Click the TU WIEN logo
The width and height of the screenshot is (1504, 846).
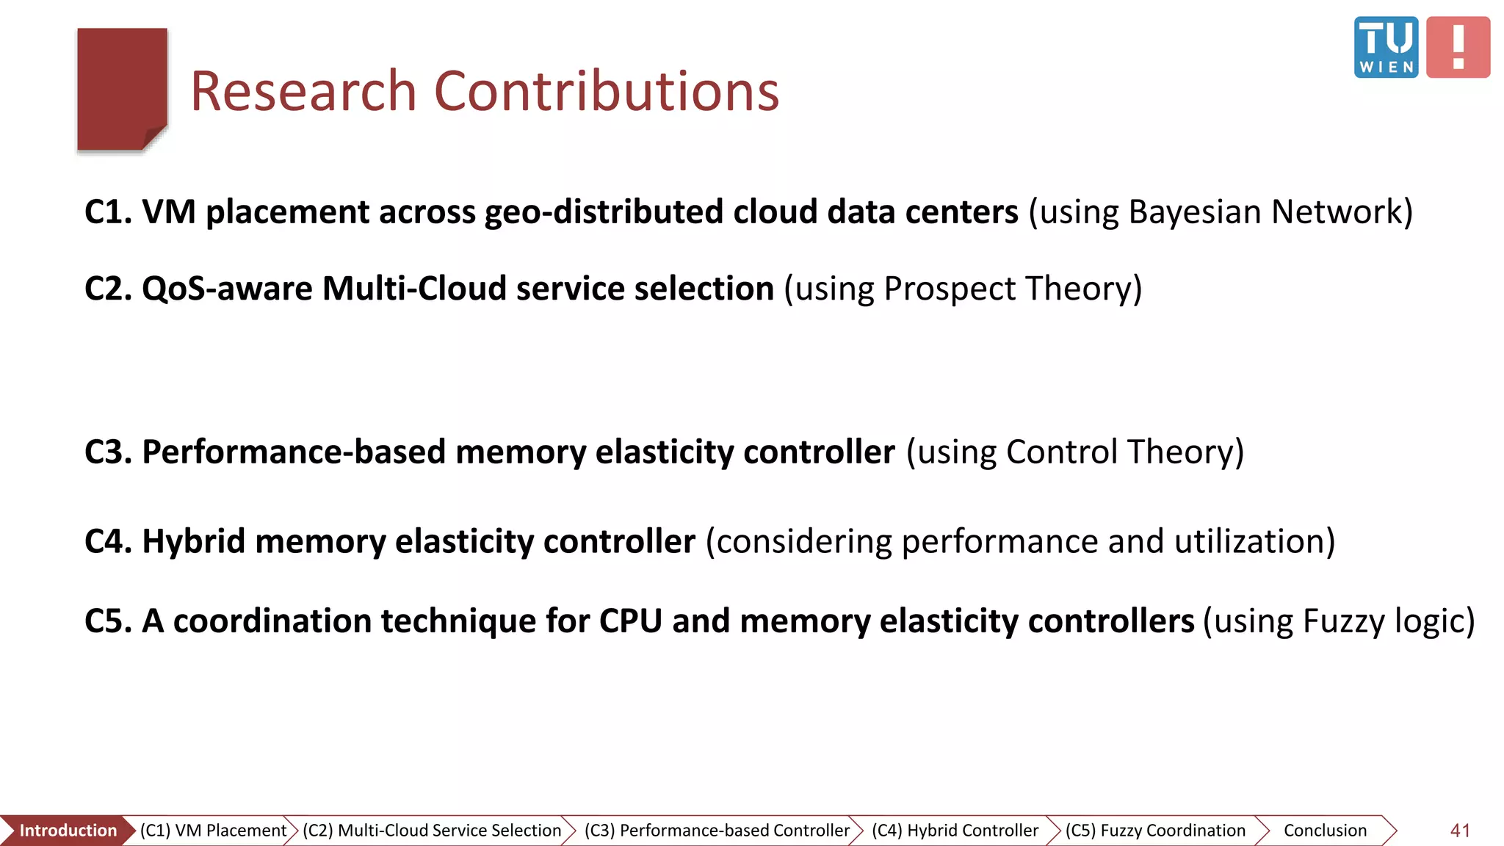pos(1386,47)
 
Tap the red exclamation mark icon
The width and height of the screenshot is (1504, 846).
pos(1458,47)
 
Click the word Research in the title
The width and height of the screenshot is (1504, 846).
pos(303,91)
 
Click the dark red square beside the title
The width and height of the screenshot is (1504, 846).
pos(122,89)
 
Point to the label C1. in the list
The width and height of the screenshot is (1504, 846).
pos(108,212)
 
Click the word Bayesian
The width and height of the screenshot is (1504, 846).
pos(1194,212)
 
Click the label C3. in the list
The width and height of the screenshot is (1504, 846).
pos(108,452)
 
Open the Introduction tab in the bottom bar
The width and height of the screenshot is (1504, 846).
pos(68,831)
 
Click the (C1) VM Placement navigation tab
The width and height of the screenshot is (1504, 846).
pos(213,831)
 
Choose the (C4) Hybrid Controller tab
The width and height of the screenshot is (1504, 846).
pos(955,831)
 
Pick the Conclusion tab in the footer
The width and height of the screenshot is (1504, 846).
pos(1325,831)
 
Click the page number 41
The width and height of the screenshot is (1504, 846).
pos(1460,831)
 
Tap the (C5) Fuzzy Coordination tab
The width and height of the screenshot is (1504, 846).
pos(1155,831)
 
